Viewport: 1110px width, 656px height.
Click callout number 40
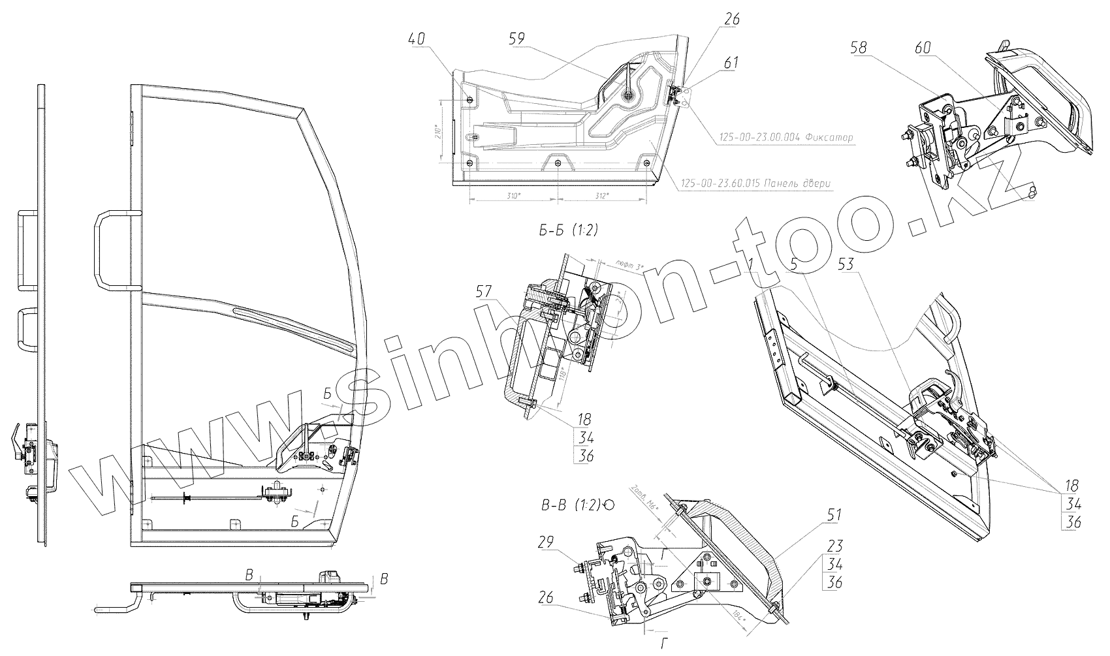[416, 39]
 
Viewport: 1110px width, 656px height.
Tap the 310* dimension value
[514, 196]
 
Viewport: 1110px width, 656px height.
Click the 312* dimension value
[602, 196]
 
